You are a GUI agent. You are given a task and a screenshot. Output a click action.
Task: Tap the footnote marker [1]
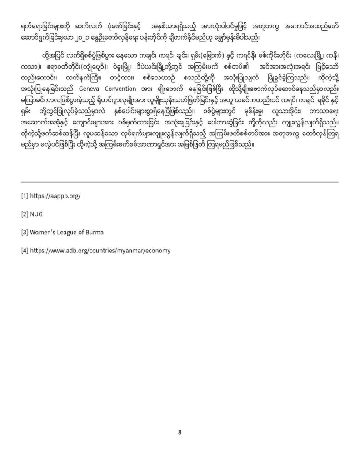coord(25,197)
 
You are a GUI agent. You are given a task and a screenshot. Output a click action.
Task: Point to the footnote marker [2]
coord(25,214)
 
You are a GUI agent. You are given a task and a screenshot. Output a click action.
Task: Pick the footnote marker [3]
coord(25,232)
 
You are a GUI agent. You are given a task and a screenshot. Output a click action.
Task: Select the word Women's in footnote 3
coord(45,232)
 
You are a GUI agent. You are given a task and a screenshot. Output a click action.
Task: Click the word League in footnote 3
coord(70,232)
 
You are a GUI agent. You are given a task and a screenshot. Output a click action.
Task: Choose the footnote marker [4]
coord(25,250)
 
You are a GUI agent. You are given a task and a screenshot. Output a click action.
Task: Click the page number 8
coord(180,432)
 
